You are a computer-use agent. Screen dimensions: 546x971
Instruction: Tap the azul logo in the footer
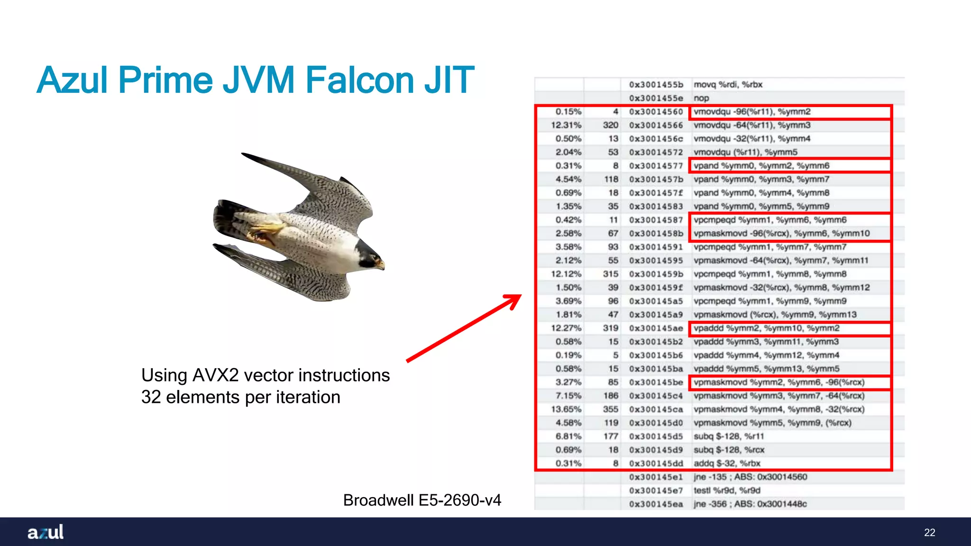point(46,532)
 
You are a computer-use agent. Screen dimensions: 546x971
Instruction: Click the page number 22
point(929,532)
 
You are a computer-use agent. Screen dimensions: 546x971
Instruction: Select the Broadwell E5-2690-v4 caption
point(422,500)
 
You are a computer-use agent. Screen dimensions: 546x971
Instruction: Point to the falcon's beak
point(381,264)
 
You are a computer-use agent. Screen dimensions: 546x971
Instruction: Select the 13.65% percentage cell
point(566,409)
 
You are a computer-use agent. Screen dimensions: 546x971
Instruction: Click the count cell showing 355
point(611,409)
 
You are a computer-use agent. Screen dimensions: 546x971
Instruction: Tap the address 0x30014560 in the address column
point(656,112)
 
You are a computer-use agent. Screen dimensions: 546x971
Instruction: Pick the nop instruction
point(701,98)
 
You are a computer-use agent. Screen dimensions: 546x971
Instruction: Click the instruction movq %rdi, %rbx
point(728,84)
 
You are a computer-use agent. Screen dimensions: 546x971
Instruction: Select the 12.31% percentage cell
point(566,125)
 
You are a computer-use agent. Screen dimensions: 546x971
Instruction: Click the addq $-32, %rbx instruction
point(727,463)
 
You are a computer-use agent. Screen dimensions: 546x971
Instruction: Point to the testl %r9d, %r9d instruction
point(727,490)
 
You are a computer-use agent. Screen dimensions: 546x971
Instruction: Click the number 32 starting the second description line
point(151,397)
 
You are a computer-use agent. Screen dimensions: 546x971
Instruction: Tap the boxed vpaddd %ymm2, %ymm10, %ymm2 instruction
point(766,328)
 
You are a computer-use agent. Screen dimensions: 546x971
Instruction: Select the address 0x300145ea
point(656,504)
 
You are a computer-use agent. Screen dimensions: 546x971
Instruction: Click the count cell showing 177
point(611,436)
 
